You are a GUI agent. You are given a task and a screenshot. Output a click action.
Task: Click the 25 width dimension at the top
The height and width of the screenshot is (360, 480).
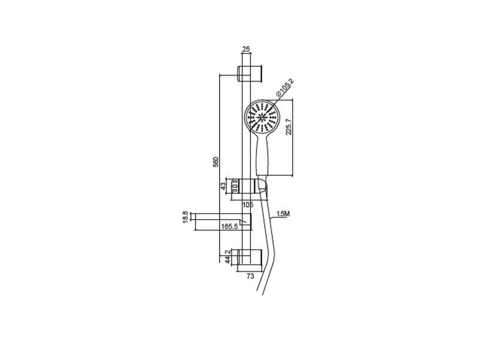pos(246,49)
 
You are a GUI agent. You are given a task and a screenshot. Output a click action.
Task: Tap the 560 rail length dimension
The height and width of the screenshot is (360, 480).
pos(216,162)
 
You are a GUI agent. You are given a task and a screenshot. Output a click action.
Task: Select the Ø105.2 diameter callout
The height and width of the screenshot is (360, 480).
pos(284,88)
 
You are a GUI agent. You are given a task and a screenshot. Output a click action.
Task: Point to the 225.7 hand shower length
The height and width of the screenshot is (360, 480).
pos(289,127)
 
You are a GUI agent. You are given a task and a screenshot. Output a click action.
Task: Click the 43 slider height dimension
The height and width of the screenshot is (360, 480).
pos(223,186)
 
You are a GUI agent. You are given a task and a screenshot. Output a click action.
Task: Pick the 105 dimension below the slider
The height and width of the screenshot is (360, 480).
pos(248,205)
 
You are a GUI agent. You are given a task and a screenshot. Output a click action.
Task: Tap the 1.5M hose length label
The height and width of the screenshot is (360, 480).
pos(283,214)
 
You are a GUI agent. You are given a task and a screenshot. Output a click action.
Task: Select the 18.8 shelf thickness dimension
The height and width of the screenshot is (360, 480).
pos(185,217)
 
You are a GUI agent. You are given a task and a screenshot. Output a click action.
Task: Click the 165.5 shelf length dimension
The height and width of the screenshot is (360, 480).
pos(230,227)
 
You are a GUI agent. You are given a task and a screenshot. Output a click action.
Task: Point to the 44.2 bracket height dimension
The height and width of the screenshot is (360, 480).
pos(227,257)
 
